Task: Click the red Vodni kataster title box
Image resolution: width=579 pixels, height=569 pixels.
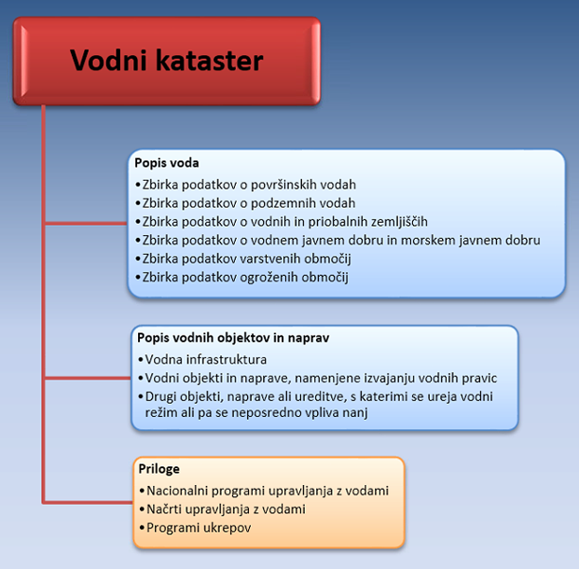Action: pyautogui.click(x=167, y=61)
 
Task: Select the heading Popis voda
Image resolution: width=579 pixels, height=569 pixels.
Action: pyautogui.click(x=167, y=163)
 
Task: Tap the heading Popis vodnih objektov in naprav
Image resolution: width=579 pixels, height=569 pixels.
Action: pyautogui.click(x=233, y=338)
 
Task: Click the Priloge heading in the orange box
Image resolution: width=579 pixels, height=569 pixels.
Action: pyautogui.click(x=159, y=469)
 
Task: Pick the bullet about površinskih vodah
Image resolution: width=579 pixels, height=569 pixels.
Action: pyautogui.click(x=245, y=185)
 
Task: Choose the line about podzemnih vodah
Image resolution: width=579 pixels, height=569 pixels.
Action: pyautogui.click(x=245, y=202)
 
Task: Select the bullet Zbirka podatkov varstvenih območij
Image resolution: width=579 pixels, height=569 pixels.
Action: pyautogui.click(x=243, y=258)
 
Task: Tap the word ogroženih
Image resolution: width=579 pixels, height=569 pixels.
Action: pyautogui.click(x=269, y=277)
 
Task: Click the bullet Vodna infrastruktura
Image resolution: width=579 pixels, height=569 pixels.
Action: pyautogui.click(x=202, y=359)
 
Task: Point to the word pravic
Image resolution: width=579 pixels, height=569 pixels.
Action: pyautogui.click(x=479, y=379)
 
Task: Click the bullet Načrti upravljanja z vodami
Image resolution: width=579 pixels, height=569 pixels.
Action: pyautogui.click(x=222, y=509)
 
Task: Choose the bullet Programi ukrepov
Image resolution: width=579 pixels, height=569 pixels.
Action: pyautogui.click(x=195, y=528)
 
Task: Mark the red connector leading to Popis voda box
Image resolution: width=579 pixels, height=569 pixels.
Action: pyautogui.click(x=86, y=224)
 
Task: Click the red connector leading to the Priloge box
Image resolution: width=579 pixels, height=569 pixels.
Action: pyautogui.click(x=88, y=503)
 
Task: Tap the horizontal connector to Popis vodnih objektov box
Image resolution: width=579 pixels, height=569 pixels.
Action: pyautogui.click(x=88, y=378)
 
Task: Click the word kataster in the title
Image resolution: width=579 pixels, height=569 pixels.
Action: pyautogui.click(x=210, y=61)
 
